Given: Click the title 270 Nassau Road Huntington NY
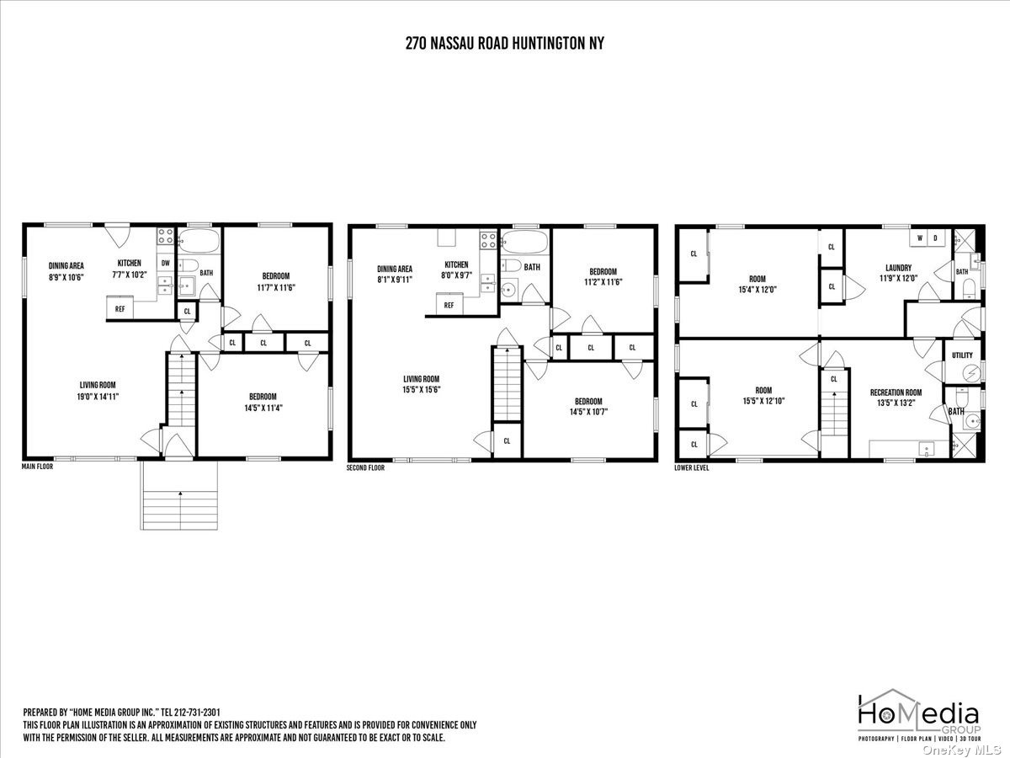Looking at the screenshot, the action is click(x=504, y=43).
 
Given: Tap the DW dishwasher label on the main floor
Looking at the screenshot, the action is click(x=166, y=264).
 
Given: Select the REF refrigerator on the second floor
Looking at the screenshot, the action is click(x=449, y=305).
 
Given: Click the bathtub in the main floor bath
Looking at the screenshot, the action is click(x=199, y=241).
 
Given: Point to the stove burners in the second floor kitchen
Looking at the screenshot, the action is click(x=488, y=240).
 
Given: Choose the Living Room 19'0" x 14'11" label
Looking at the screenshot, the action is click(x=98, y=391).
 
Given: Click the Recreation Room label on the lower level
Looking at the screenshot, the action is click(x=896, y=398).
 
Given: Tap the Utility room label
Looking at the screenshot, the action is click(x=962, y=355).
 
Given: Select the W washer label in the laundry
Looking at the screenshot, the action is click(x=920, y=238).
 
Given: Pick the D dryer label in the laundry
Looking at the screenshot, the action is click(x=935, y=238).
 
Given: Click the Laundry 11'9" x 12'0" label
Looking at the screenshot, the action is click(x=898, y=272).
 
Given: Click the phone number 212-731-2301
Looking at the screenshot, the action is click(x=197, y=713).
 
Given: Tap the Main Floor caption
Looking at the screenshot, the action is click(x=37, y=467).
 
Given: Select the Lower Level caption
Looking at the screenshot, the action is click(x=692, y=467).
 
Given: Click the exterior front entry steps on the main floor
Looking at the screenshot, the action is click(x=179, y=495).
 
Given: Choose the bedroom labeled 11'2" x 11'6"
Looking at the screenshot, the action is click(x=603, y=277).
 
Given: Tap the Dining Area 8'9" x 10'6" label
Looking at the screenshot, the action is click(x=66, y=271).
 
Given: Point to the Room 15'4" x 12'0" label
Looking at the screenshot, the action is click(x=757, y=284).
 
